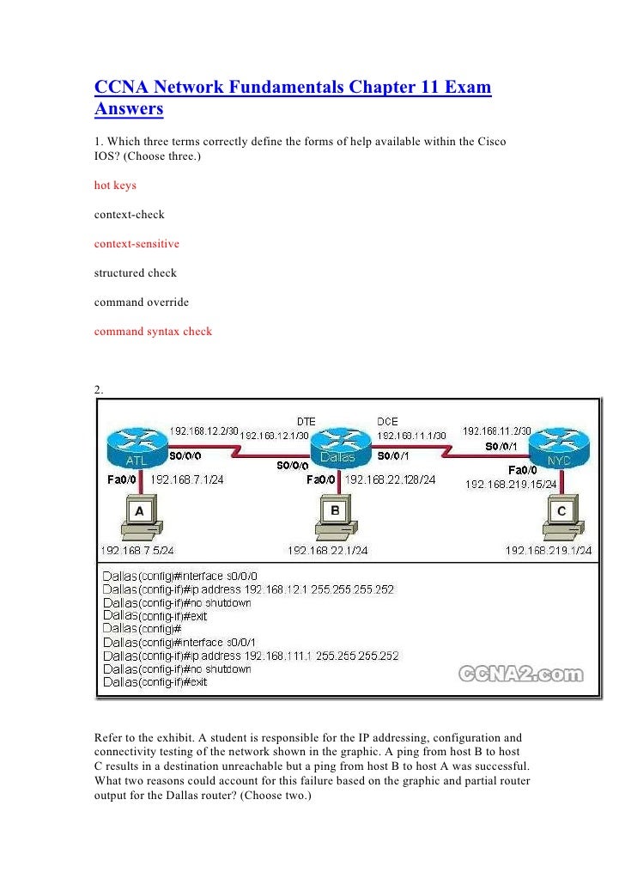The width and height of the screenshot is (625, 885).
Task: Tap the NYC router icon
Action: [557, 449]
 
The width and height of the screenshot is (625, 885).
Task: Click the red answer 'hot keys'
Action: [115, 185]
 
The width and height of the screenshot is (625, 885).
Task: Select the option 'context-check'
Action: [129, 214]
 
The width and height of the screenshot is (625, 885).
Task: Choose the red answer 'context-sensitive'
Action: [137, 243]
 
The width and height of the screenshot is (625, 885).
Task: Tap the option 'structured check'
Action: [135, 272]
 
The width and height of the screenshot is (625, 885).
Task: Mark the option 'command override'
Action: [141, 302]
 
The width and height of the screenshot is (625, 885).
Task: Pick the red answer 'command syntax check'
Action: [153, 331]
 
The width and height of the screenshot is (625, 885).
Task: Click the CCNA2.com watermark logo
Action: [520, 674]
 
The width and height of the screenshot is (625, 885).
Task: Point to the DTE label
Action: [306, 421]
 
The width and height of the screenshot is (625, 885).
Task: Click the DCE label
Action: [387, 421]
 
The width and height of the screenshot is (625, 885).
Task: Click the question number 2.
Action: [99, 389]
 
